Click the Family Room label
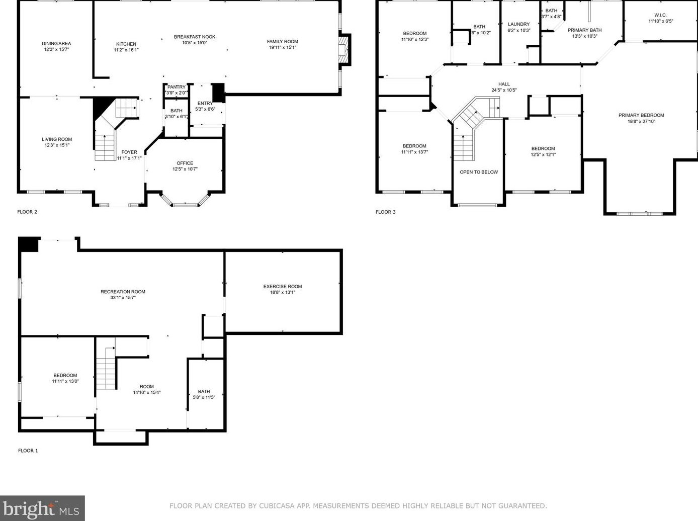click(x=282, y=42)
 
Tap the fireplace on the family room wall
click(x=344, y=50)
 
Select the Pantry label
click(x=177, y=87)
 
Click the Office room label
click(x=185, y=163)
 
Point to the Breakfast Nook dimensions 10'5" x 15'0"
click(x=195, y=43)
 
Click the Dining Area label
click(x=56, y=44)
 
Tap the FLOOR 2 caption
click(x=27, y=212)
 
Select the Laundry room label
click(x=518, y=24)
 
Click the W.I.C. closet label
click(x=660, y=15)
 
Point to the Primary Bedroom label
click(x=641, y=115)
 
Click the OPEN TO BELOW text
click(x=479, y=172)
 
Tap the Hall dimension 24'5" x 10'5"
click(x=504, y=91)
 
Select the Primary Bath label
click(x=584, y=30)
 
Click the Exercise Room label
click(x=283, y=287)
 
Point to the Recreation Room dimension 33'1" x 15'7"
click(x=123, y=298)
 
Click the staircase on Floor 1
click(x=106, y=370)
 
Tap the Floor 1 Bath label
click(x=204, y=391)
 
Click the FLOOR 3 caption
click(x=386, y=212)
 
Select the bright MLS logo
click(x=42, y=508)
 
